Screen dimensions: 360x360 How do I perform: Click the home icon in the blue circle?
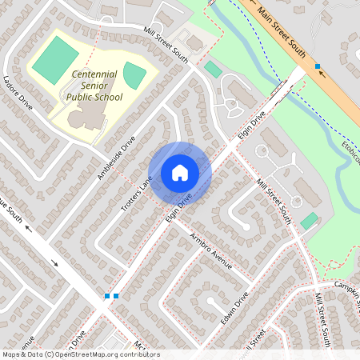pos(180,173)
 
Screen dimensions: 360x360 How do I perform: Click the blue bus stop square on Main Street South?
pos(318,66)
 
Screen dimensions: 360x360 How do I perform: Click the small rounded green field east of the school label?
pos(134,75)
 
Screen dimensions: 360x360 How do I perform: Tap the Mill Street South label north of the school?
pos(166,46)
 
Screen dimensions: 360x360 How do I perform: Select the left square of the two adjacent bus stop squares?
pos(107,296)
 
